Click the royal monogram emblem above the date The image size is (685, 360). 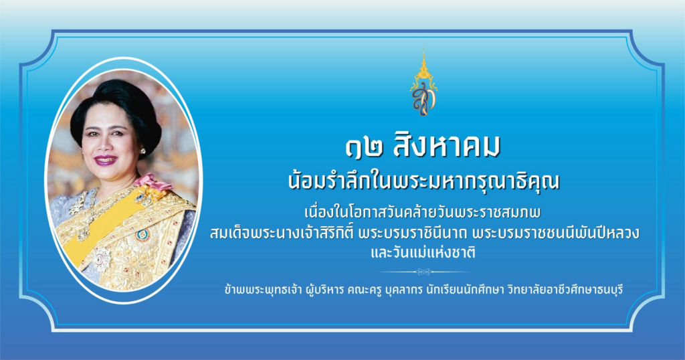(423, 83)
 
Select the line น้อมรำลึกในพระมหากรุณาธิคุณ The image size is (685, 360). (423, 181)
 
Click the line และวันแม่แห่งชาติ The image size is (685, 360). (423, 252)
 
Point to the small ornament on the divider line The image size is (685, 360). (423, 272)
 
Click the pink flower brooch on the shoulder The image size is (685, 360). (149, 183)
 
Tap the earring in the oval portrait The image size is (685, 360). (142, 151)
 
